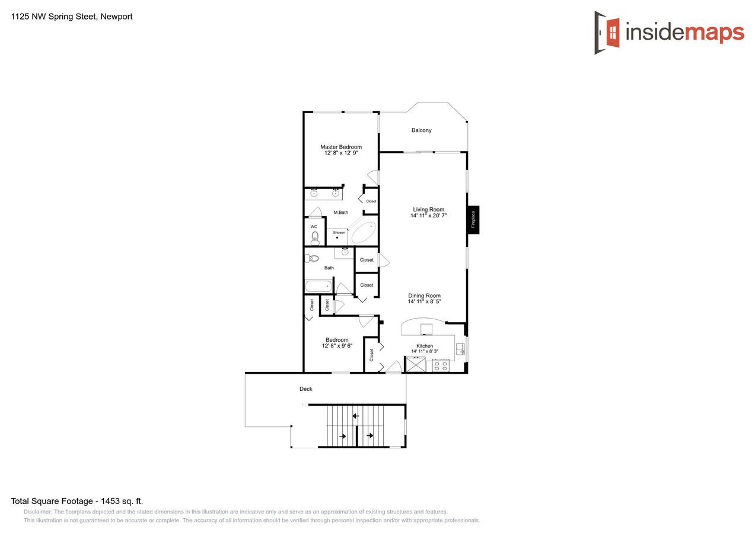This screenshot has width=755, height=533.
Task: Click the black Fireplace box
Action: point(473,220)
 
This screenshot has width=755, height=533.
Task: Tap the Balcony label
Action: point(422,130)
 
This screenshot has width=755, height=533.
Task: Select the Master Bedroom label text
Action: point(340,147)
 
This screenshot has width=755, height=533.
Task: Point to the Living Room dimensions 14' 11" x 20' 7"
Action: point(428,216)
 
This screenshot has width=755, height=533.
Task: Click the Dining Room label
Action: point(424,296)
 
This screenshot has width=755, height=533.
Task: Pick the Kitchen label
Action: point(425,346)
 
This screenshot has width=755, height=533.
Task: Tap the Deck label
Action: point(305,389)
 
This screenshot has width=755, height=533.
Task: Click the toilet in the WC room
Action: point(315,237)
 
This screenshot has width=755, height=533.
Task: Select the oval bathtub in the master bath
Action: point(363,233)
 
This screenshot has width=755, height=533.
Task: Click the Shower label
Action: point(339,233)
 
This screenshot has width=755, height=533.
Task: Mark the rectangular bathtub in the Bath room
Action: point(318,287)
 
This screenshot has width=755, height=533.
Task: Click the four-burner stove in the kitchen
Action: point(440,366)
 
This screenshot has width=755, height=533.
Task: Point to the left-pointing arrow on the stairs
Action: point(355,416)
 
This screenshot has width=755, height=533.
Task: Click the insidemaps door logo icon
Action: point(607,32)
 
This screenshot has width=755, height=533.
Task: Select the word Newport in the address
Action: point(117,17)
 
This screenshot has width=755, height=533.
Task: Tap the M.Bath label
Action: point(340,213)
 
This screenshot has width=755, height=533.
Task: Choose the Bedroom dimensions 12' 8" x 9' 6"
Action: point(337,346)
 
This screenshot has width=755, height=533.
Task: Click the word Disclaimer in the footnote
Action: point(37,512)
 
